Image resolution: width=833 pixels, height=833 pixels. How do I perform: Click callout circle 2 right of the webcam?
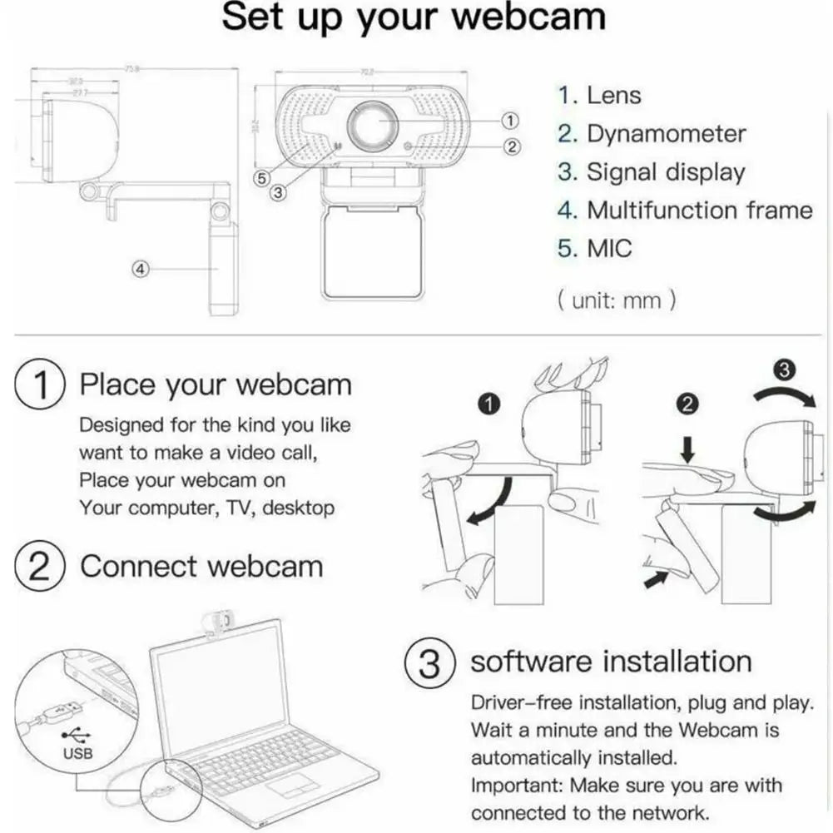tap(513, 146)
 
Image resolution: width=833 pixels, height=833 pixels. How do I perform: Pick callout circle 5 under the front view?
tap(261, 177)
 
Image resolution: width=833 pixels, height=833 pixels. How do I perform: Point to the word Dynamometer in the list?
tap(666, 134)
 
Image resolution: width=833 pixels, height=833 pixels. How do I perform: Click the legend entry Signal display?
tap(666, 172)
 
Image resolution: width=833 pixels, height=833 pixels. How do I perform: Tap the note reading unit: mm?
tap(616, 300)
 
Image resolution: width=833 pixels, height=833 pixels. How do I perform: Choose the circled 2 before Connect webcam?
tap(40, 567)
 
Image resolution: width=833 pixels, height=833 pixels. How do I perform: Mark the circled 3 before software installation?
tap(429, 663)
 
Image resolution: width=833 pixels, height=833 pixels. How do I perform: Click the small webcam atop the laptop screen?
tap(217, 620)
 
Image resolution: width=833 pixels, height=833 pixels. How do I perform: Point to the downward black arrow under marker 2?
tap(687, 450)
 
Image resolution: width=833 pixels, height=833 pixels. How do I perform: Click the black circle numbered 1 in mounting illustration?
tap(490, 404)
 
